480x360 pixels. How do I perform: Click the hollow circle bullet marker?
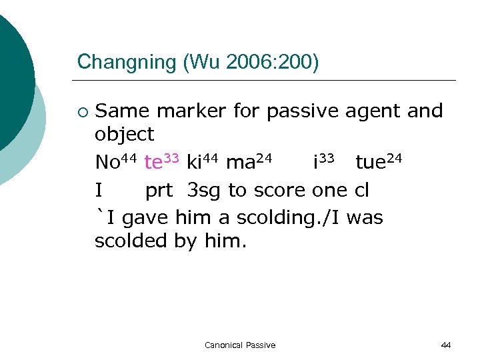click(x=82, y=111)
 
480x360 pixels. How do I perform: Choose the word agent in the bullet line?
click(x=372, y=112)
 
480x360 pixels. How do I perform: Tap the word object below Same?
click(x=124, y=135)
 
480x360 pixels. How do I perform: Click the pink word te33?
click(x=162, y=162)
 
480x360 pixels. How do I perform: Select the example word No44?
click(x=116, y=162)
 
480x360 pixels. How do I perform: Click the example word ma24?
click(x=249, y=162)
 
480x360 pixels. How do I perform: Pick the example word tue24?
click(x=379, y=162)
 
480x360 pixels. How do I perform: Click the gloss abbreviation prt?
click(x=159, y=191)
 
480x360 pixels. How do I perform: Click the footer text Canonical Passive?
click(x=240, y=345)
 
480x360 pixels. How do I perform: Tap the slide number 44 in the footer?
click(x=446, y=345)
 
